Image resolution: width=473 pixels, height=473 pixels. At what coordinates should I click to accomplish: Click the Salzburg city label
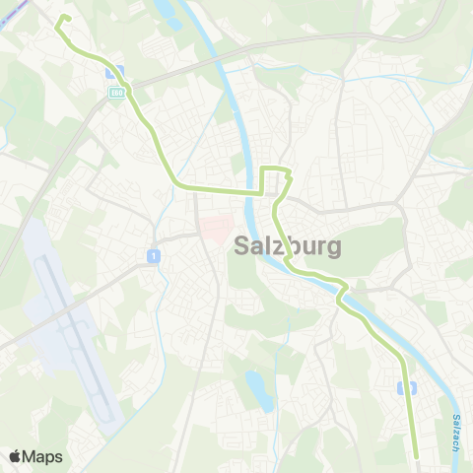(289, 246)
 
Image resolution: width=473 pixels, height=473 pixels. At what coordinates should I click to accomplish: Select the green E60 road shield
(116, 93)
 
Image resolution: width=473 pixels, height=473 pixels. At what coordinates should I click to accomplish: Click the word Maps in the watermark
(43, 456)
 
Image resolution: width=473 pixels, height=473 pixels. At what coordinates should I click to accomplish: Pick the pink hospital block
(214, 230)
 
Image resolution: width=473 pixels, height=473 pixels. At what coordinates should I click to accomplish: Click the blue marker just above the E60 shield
(114, 72)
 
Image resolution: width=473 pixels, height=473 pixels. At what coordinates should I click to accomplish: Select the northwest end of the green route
(66, 18)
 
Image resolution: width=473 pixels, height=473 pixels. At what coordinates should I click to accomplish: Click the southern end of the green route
(417, 456)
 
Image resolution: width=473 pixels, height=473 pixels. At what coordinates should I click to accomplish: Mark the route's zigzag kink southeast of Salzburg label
(342, 289)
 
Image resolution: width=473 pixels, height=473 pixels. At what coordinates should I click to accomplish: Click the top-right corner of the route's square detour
(289, 172)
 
